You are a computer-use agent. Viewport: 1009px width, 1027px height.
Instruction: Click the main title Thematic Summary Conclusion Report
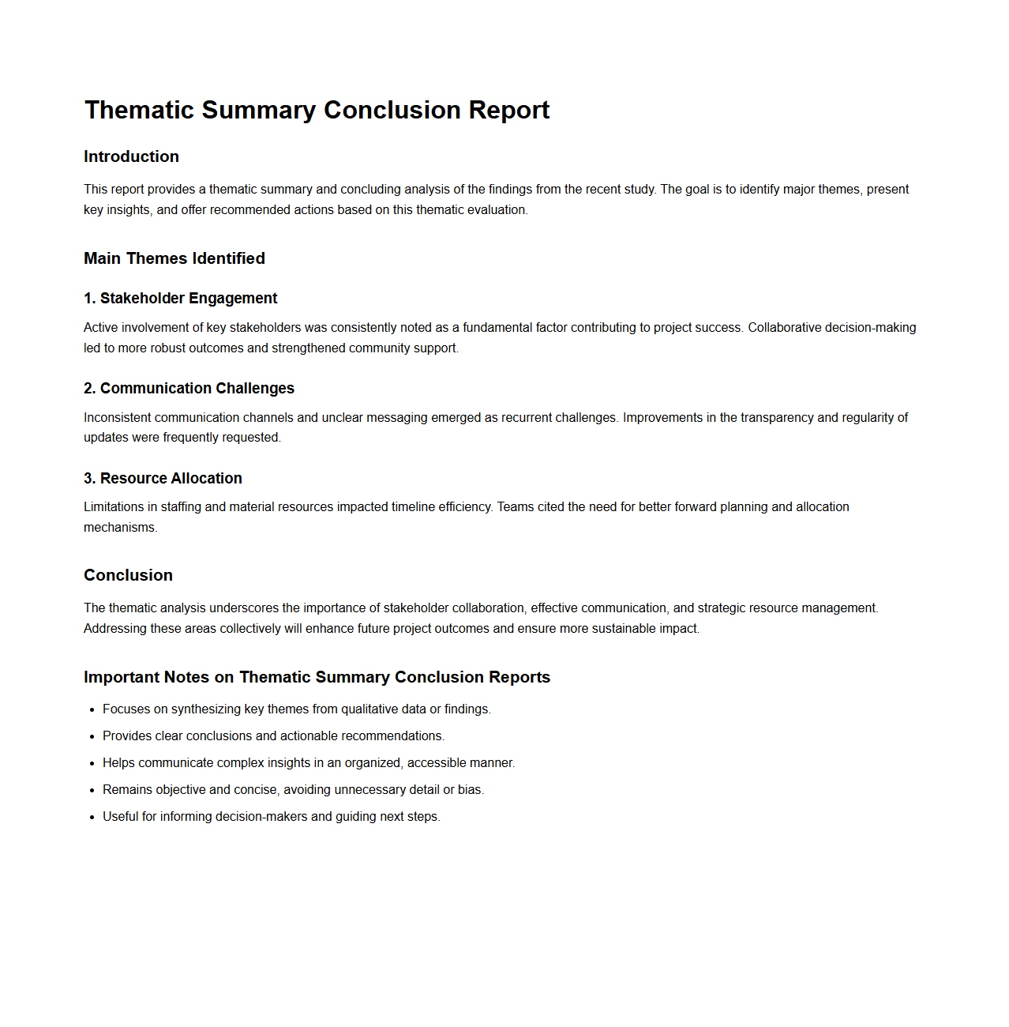tap(317, 110)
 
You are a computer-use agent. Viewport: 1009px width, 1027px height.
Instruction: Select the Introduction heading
tap(131, 156)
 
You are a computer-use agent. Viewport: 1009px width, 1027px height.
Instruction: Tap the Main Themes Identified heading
tap(174, 258)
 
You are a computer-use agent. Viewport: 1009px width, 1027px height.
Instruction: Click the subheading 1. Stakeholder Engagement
tap(181, 298)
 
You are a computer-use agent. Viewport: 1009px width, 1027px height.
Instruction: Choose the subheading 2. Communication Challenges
tap(189, 388)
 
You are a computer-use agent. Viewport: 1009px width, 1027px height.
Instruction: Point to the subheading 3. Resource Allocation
tap(163, 478)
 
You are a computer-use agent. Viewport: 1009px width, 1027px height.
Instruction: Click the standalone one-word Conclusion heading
tap(128, 575)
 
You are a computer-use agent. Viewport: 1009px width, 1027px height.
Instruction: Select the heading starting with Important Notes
tap(317, 677)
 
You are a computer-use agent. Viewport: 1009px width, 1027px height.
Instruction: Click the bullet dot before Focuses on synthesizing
tap(92, 710)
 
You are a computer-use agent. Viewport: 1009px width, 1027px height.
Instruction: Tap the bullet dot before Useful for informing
tap(92, 818)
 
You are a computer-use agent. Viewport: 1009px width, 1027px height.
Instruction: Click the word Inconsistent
tap(118, 417)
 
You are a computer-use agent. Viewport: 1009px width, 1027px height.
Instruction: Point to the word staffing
tap(181, 506)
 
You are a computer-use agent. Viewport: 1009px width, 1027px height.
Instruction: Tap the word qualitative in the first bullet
tap(372, 709)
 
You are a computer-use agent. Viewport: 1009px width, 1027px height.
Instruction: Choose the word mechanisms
tap(119, 527)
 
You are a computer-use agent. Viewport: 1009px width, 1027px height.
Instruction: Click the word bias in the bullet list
tap(470, 789)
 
